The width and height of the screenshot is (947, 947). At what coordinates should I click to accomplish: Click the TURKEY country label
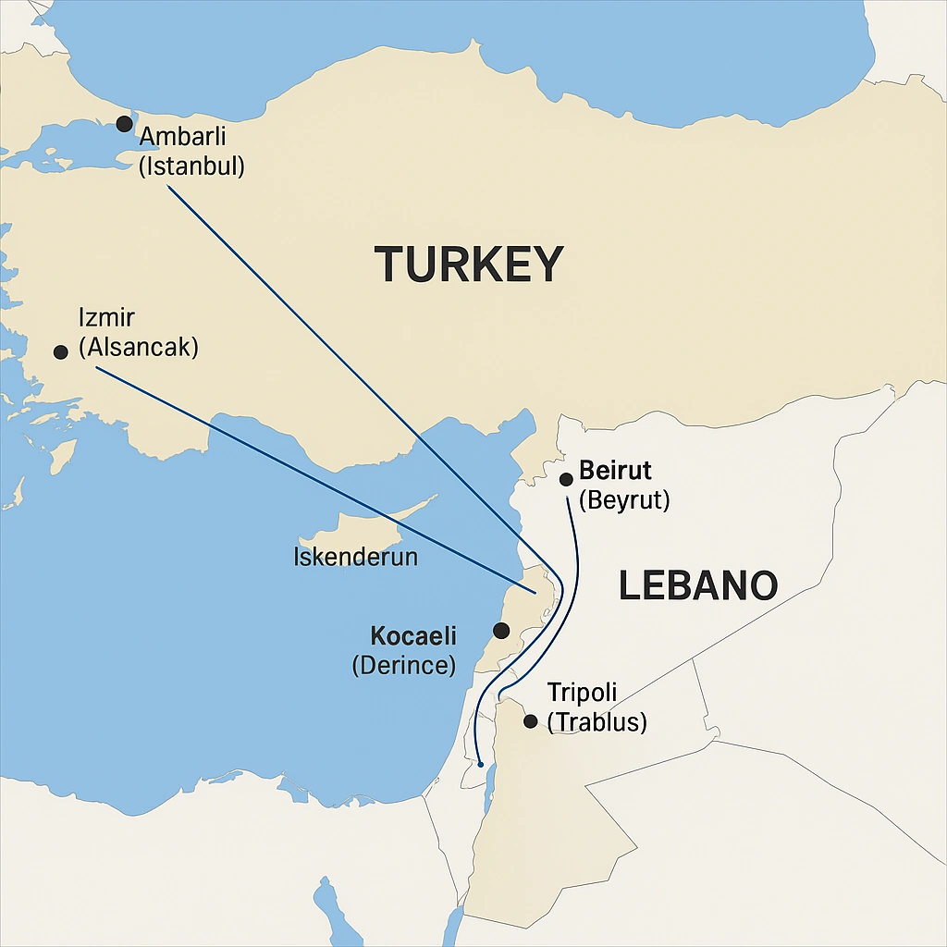[x=469, y=264]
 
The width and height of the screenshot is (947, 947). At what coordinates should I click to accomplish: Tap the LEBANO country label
[x=697, y=586]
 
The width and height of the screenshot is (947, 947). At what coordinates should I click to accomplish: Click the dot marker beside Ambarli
[x=124, y=124]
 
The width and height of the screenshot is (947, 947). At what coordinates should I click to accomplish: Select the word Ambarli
[x=182, y=139]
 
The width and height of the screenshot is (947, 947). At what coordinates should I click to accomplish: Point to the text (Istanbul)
[x=191, y=168]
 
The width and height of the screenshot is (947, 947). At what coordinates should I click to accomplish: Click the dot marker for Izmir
[x=61, y=352]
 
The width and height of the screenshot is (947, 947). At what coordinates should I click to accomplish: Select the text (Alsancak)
[x=139, y=349]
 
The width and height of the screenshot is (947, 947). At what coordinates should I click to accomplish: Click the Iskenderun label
[x=355, y=558]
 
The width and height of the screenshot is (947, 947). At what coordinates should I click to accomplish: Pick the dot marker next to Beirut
[x=566, y=479]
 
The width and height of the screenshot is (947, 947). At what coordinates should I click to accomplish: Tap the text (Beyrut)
[x=623, y=501]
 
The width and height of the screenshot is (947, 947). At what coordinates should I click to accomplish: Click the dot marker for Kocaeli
[x=500, y=631]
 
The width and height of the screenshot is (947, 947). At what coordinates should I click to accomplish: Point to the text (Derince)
[x=404, y=666]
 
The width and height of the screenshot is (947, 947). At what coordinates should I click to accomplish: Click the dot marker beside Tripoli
[x=530, y=721]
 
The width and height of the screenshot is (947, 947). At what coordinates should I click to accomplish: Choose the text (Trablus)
[x=596, y=722]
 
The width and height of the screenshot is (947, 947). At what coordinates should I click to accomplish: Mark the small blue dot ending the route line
[x=480, y=764]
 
